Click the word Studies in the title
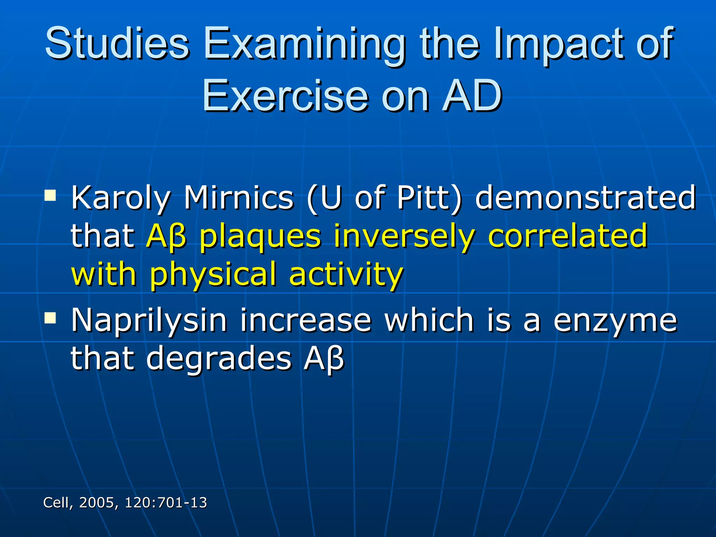tap(117, 44)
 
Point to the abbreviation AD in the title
tap(472, 95)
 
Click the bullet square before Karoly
tap(50, 195)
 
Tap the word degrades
tap(219, 358)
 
